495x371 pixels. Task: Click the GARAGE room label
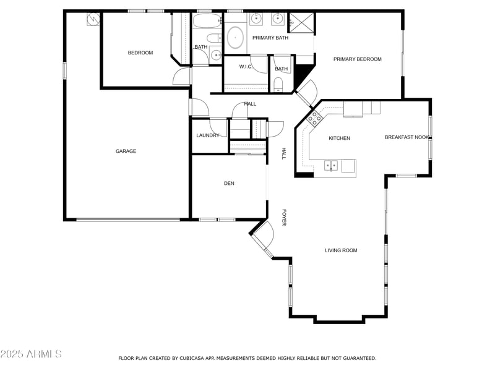pos(126,151)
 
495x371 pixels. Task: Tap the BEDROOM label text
pos(140,53)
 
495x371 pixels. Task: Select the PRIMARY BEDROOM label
pos(357,59)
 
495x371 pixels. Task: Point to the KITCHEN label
pos(339,138)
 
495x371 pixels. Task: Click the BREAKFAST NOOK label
pos(407,137)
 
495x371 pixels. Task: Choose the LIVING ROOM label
pos(341,250)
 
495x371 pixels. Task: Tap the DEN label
pos(229,183)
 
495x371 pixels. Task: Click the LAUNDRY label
pos(208,135)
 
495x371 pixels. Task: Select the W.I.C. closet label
pos(244,67)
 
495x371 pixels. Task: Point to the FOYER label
pos(284,217)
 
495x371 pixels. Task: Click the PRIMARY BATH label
pos(270,38)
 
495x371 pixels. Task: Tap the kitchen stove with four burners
pos(313,117)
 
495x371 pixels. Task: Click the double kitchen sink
pos(332,165)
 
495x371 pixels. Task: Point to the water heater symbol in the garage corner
pos(93,19)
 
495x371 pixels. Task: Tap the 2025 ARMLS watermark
pos(31,354)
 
